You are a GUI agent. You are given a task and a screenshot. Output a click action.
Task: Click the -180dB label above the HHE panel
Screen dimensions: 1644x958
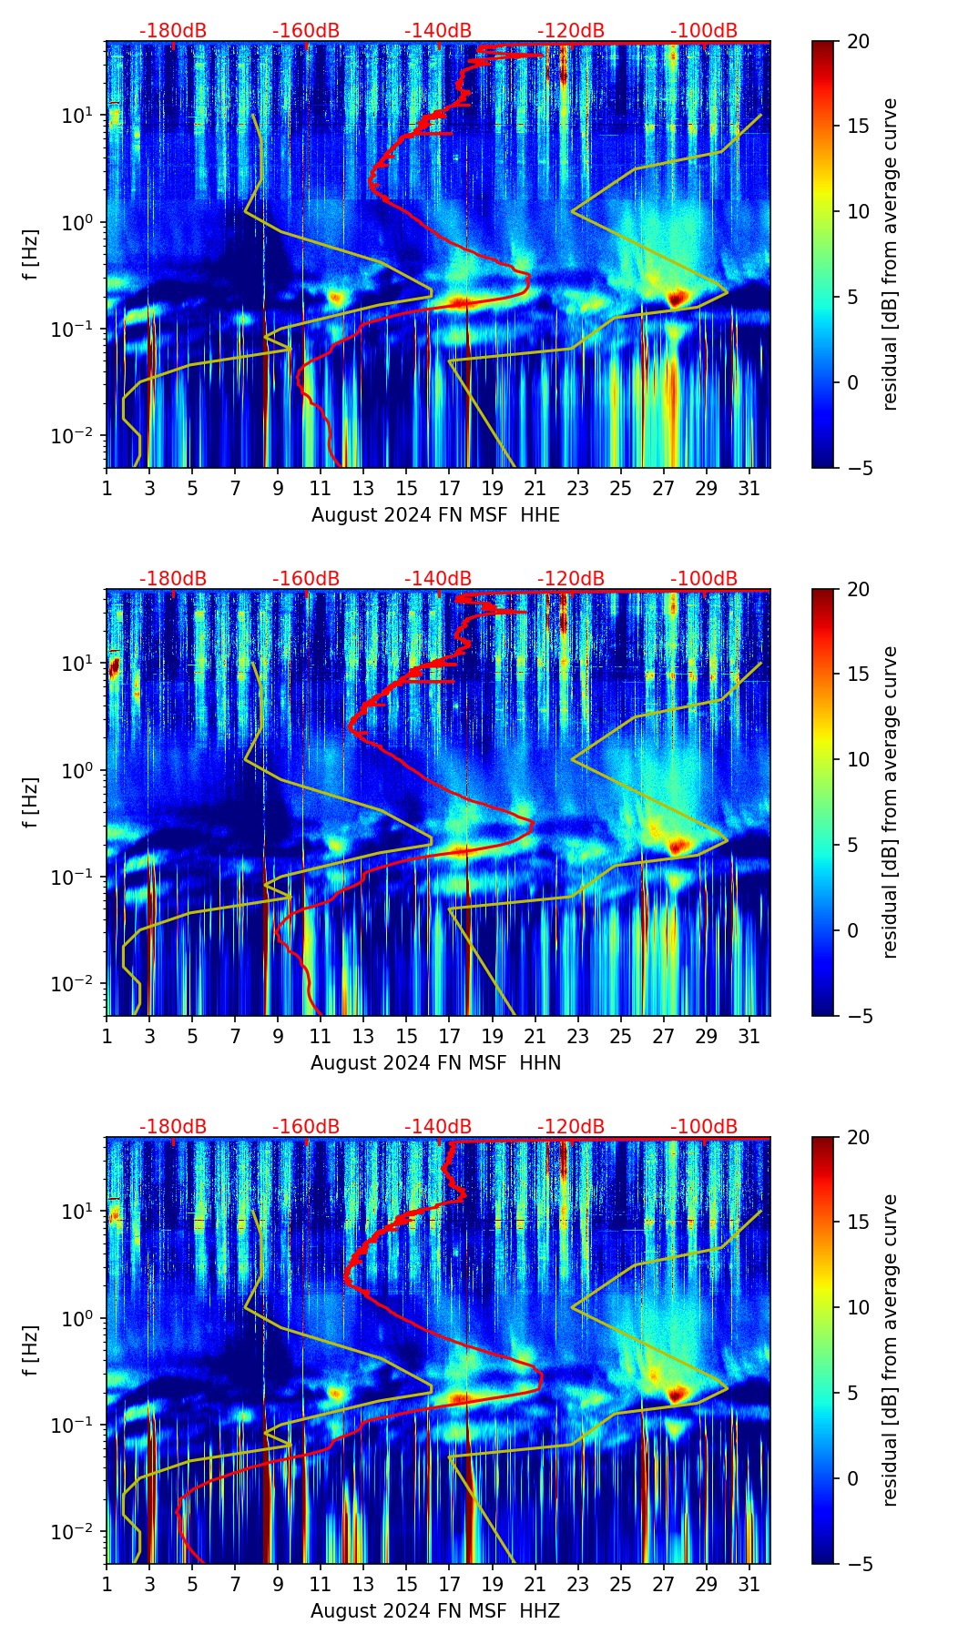(173, 31)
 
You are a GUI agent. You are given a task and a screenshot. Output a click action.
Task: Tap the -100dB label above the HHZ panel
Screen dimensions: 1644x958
(704, 1127)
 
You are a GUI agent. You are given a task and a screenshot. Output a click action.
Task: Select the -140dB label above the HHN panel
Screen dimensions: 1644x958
(438, 579)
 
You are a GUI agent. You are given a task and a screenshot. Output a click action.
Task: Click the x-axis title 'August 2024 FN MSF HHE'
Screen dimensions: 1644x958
(435, 515)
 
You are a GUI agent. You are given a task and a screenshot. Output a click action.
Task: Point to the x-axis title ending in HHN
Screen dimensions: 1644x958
(435, 1063)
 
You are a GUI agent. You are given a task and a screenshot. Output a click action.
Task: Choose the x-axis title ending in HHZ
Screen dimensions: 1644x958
(435, 1611)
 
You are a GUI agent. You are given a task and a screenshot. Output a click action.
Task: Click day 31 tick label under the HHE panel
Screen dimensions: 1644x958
(749, 489)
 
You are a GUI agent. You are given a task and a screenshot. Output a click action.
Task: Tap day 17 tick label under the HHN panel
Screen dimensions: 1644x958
(449, 1037)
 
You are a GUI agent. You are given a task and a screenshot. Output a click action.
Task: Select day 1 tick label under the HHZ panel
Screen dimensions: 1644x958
(107, 1585)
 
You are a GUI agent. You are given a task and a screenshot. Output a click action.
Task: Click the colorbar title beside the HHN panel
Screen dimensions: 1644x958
(890, 802)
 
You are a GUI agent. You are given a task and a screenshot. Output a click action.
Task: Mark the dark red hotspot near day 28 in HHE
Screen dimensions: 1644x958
(675, 298)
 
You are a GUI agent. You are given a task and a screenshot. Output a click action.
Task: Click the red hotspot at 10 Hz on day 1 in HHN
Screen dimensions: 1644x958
(114, 667)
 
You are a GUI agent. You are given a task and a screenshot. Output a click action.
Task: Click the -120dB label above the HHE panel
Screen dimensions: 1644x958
(571, 31)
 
